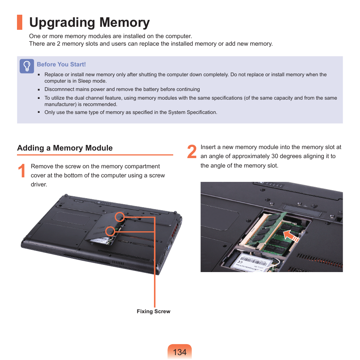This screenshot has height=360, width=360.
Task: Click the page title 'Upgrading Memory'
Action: pos(89,23)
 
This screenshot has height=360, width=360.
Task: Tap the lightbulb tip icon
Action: pos(27,66)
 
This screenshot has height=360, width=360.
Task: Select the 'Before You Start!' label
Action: pos(61,65)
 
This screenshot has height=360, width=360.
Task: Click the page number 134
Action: pos(180,352)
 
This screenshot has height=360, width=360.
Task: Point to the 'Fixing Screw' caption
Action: pos(153,311)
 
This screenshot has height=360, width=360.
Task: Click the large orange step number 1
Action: pos(22,171)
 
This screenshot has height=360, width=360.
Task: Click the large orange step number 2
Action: pos(192,152)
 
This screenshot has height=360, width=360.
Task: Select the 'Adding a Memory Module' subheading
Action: pos(65,148)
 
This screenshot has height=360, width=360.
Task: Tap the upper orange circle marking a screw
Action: pos(120,217)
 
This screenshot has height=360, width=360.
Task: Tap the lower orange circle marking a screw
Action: pos(110,231)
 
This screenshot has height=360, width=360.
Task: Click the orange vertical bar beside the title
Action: pos(20,22)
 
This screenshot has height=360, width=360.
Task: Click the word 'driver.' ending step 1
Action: pos(39,185)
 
